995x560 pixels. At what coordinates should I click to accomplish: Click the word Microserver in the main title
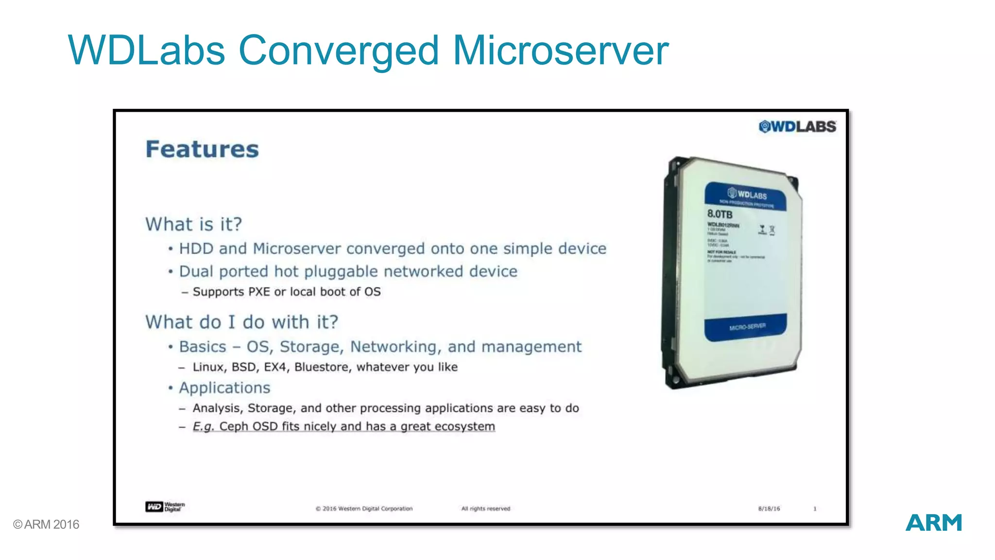click(561, 51)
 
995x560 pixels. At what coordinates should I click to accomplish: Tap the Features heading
click(202, 149)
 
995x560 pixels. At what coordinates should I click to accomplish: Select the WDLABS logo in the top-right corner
click(797, 127)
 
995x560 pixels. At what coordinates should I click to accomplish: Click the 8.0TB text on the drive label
click(720, 214)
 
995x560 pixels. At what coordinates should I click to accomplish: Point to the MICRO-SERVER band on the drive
click(746, 327)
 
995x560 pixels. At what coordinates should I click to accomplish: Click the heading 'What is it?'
click(193, 224)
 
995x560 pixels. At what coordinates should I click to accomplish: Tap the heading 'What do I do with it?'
click(241, 322)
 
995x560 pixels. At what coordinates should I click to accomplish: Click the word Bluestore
click(321, 367)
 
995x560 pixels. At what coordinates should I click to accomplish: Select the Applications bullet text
click(224, 387)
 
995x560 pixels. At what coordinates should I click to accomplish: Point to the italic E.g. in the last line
click(203, 426)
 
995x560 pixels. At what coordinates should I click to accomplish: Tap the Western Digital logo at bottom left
click(165, 507)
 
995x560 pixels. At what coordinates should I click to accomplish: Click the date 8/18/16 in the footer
click(769, 508)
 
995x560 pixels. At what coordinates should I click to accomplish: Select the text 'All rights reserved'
click(485, 508)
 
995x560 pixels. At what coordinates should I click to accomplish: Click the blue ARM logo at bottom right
click(933, 523)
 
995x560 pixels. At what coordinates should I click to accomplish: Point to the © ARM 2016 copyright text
click(46, 525)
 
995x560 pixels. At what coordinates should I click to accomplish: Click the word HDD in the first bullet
click(196, 248)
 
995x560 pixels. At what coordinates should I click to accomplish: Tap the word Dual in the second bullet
click(196, 271)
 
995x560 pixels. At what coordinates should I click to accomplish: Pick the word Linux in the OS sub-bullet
click(209, 367)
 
